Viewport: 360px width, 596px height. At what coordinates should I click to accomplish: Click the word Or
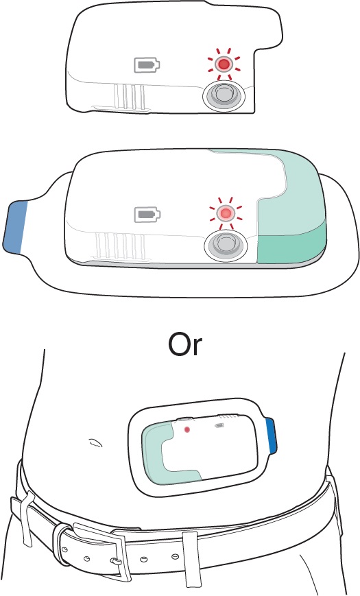(185, 345)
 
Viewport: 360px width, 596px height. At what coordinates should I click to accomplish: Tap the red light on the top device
(224, 64)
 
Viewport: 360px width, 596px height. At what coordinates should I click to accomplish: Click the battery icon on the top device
(147, 65)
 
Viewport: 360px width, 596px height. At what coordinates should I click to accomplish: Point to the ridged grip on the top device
(129, 97)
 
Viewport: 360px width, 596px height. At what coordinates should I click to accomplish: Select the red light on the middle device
(225, 213)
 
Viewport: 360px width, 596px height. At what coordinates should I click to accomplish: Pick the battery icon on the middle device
(148, 215)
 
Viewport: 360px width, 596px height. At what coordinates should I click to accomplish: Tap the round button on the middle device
(226, 247)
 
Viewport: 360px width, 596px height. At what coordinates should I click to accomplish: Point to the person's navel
(95, 442)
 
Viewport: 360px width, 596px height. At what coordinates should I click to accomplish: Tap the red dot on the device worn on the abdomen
(187, 429)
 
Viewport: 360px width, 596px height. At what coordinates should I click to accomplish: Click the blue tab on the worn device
(271, 436)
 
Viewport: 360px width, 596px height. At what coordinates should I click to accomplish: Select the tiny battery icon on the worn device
(219, 426)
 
